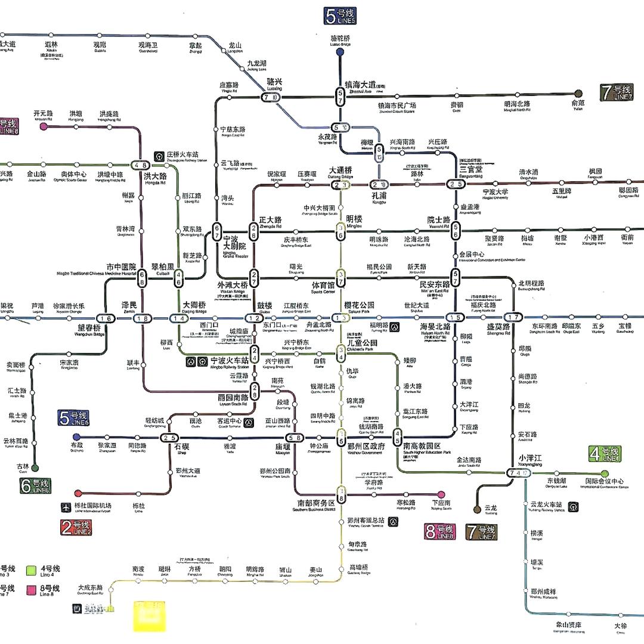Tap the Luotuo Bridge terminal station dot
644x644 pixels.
(340, 52)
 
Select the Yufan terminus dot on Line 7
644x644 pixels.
(578, 94)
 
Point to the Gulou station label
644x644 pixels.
(265, 306)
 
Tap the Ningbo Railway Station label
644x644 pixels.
(230, 361)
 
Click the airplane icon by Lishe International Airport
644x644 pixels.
(66, 507)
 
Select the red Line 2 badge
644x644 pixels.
(76, 528)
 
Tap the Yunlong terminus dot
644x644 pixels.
(476, 509)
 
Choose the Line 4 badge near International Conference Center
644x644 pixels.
(605, 454)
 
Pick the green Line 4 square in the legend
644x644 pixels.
(32, 571)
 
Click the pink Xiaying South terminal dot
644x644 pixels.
(441, 494)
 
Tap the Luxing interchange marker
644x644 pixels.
(270, 97)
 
